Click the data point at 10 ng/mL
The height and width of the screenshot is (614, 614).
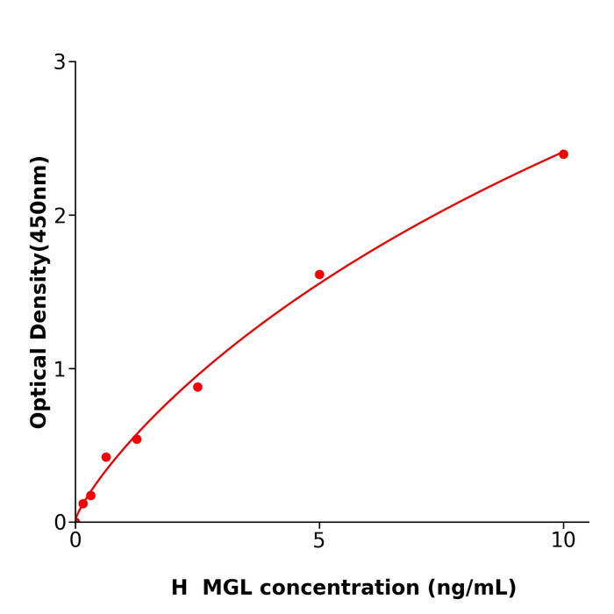[x=563, y=154]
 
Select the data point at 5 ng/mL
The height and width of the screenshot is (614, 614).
[x=319, y=275]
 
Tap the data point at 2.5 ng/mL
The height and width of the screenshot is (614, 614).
[x=197, y=387]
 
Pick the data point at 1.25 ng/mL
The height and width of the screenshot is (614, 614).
[x=137, y=439]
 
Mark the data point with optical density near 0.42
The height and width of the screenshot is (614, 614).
[x=106, y=457]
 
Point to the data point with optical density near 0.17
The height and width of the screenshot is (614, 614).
[x=90, y=496]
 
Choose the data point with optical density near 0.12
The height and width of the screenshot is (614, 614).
[x=83, y=503]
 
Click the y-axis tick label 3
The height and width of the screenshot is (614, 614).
[x=60, y=62]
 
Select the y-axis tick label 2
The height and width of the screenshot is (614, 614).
[x=60, y=216]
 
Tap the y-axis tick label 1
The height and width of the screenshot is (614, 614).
[x=60, y=369]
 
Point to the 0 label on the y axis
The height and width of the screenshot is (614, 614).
[x=60, y=523]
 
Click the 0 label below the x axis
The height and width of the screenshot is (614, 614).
[x=75, y=541]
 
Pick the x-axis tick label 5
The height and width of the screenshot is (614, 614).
[x=319, y=541]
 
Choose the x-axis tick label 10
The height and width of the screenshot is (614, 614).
[x=563, y=541]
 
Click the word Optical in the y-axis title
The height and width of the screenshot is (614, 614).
[x=39, y=387]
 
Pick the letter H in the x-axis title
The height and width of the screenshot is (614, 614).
[x=179, y=589]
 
